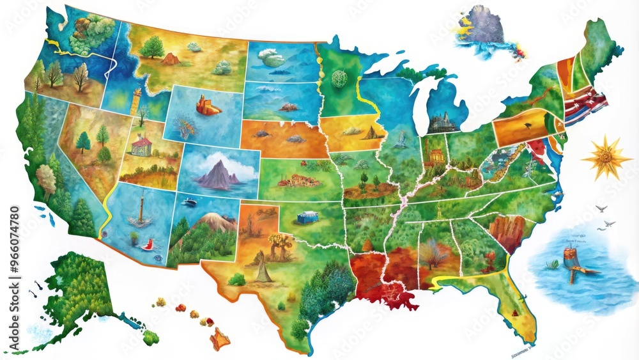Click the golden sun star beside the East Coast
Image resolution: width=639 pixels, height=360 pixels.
click(603, 158)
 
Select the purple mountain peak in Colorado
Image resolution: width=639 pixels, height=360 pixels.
click(215, 173)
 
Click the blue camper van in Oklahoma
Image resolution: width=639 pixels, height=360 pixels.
click(306, 217)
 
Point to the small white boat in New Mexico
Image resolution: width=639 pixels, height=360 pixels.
click(189, 202)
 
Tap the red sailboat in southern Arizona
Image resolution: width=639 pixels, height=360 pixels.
click(148, 244)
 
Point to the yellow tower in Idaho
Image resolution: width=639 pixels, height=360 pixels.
click(136, 100)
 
